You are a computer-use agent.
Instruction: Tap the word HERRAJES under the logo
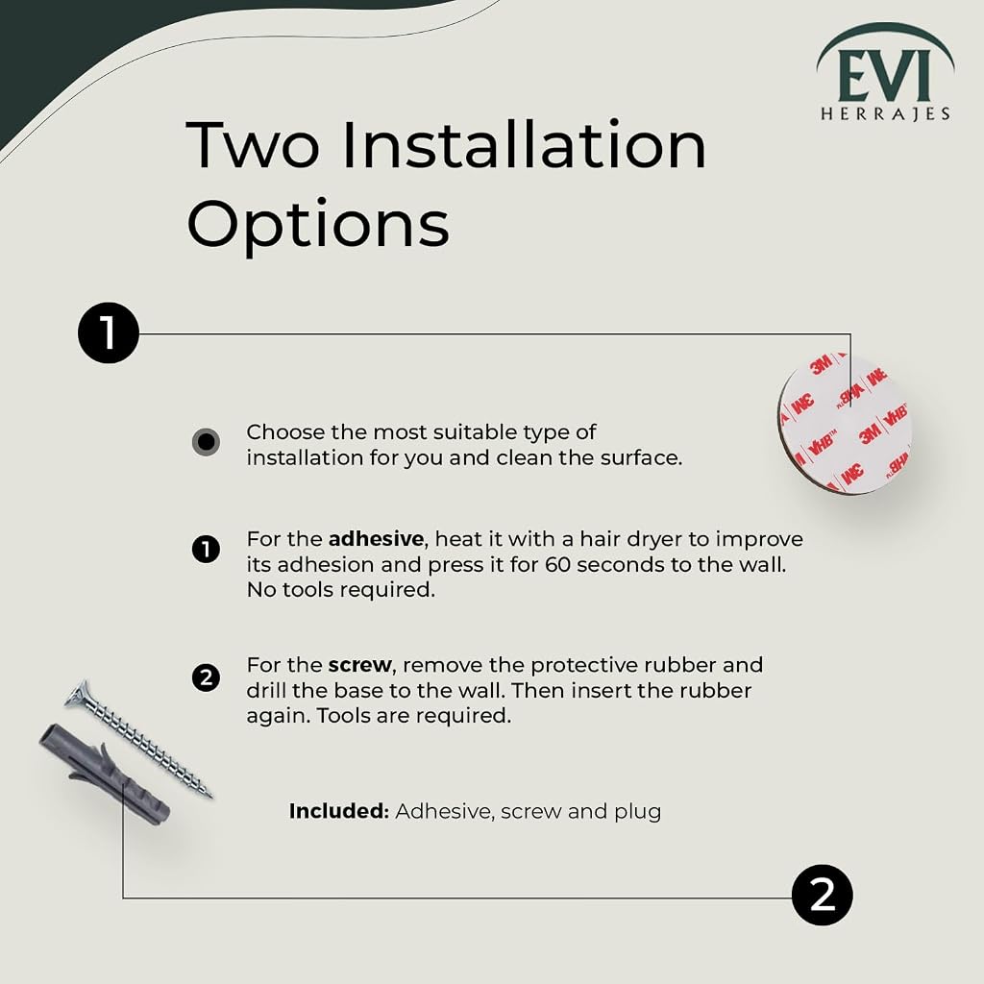(x=885, y=113)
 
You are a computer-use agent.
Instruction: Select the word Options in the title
(x=318, y=225)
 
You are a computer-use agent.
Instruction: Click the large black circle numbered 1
(x=108, y=333)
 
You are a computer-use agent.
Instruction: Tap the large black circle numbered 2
(x=823, y=895)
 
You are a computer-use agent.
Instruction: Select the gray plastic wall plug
(x=105, y=775)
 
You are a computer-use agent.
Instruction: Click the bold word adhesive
(x=376, y=539)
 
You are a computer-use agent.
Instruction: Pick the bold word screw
(x=360, y=665)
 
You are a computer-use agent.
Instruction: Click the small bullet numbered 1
(x=206, y=550)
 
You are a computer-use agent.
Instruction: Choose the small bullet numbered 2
(x=206, y=677)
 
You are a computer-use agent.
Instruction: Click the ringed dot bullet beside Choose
(x=206, y=442)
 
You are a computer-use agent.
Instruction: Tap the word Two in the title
(x=253, y=146)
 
